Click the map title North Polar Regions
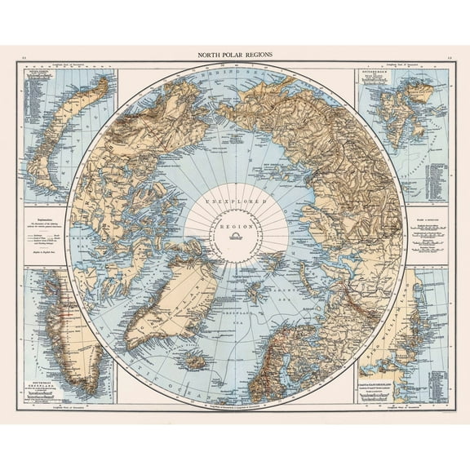235,55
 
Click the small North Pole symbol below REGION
236,237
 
